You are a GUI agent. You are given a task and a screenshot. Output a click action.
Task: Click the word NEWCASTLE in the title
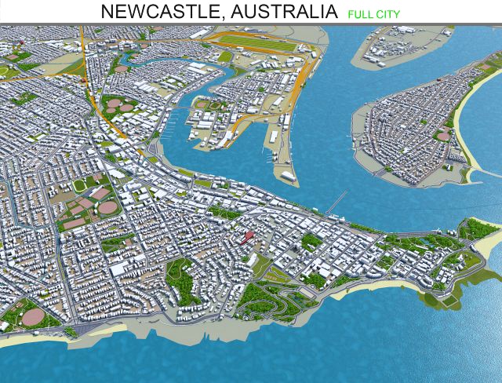(150, 12)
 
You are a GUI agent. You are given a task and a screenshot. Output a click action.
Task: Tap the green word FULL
(358, 13)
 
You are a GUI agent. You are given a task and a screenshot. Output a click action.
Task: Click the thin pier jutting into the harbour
(336, 203)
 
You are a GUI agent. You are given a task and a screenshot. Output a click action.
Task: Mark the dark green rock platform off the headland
(436, 298)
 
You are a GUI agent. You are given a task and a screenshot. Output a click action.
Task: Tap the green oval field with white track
(80, 186)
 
